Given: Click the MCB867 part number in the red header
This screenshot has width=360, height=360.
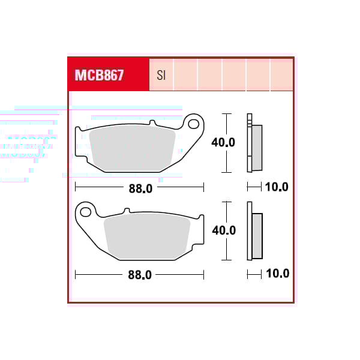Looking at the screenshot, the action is click(99, 75).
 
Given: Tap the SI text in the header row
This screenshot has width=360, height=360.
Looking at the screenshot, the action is click(161, 75).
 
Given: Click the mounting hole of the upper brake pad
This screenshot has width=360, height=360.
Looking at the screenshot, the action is click(194, 124).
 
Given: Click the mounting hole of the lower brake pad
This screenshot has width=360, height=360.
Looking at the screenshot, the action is click(85, 212).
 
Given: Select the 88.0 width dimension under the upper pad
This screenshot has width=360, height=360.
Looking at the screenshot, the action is click(140, 189).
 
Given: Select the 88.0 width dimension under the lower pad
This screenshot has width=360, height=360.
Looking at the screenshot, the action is click(140, 275).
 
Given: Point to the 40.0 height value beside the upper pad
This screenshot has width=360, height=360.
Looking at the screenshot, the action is click(223, 142).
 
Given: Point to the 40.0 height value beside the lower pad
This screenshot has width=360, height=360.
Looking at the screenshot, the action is click(224, 230).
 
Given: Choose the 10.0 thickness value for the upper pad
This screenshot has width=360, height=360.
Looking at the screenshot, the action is click(277, 187).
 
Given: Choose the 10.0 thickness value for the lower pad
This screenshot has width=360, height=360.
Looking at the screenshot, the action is click(278, 274).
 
